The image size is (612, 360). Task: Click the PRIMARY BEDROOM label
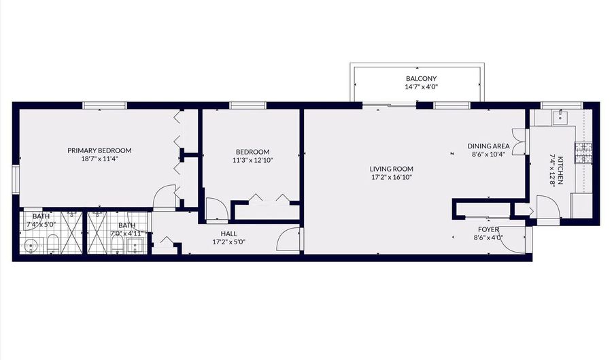click(x=99, y=150)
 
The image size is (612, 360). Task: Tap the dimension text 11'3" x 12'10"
click(x=252, y=160)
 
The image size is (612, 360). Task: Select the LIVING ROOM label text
click(x=391, y=169)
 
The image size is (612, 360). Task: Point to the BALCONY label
click(x=421, y=78)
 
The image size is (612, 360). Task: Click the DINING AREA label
click(x=488, y=146)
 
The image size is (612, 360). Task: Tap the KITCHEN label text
click(x=560, y=170)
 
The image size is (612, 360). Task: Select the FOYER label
click(x=488, y=229)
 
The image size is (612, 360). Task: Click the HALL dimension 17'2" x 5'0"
click(x=228, y=242)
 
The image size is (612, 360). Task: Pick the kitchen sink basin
click(x=560, y=115)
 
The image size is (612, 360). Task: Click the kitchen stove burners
click(x=583, y=152)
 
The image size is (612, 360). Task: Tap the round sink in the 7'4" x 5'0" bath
click(x=30, y=246)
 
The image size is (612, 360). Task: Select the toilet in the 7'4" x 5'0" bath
click(x=52, y=244)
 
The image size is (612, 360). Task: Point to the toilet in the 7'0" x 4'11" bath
click(x=117, y=244)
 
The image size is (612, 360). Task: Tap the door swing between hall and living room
click(x=290, y=239)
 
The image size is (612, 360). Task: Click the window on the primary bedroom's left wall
click(x=16, y=179)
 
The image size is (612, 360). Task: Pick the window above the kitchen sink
click(x=561, y=105)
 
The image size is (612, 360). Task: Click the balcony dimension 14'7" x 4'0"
click(x=422, y=87)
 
